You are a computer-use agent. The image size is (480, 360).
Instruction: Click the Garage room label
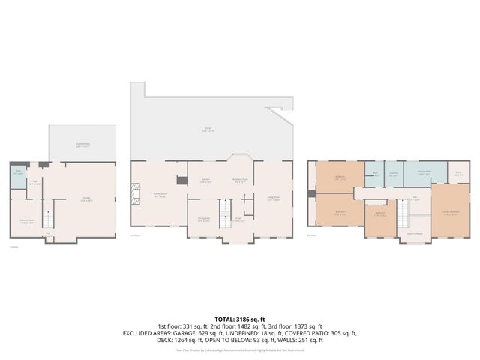pos(87,199)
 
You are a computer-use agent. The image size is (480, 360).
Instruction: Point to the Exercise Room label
pos(26,221)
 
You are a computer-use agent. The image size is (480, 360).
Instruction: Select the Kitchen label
pos(206,181)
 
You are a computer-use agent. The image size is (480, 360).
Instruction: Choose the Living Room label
pos(273,199)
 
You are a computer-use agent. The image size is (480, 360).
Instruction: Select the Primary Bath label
pos(424,174)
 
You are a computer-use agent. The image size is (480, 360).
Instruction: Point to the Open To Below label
pos(413,232)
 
